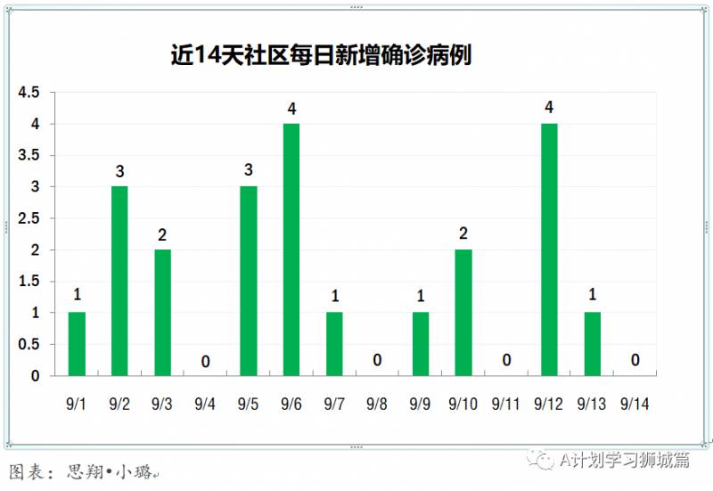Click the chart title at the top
[x=322, y=55]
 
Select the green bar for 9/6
[x=291, y=250]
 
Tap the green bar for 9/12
[x=549, y=250]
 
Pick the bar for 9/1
[x=77, y=344]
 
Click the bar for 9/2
[x=119, y=281]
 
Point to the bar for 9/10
[x=463, y=313]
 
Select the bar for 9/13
[x=593, y=344]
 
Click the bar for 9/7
[x=334, y=344]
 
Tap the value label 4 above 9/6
[x=291, y=109]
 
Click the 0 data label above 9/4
[x=205, y=361]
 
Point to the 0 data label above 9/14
[x=635, y=361]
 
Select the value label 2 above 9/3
[x=162, y=234]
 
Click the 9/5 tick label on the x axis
[x=248, y=405]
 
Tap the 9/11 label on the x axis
[x=506, y=405]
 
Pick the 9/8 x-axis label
[x=377, y=405]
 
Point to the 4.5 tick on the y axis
[x=29, y=93]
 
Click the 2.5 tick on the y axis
[x=29, y=218]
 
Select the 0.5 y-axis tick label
[x=29, y=344]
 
